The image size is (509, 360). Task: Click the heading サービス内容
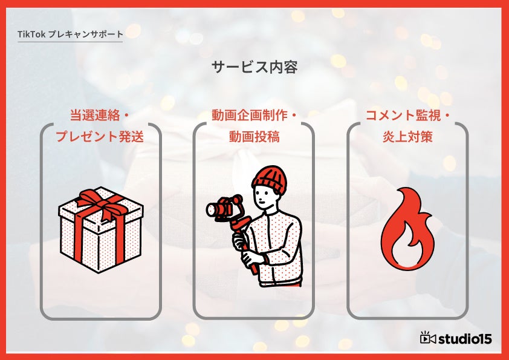click(x=254, y=67)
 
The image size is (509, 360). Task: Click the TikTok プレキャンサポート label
click(x=71, y=34)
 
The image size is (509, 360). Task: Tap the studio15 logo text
click(x=465, y=339)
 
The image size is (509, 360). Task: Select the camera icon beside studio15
click(x=427, y=338)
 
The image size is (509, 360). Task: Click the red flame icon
click(x=407, y=229)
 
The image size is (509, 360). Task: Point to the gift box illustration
click(x=100, y=230)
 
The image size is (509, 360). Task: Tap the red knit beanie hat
click(x=269, y=180)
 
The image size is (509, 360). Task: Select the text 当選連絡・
click(x=100, y=116)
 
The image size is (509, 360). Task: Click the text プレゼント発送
click(x=100, y=137)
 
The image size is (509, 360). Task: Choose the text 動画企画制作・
click(x=254, y=116)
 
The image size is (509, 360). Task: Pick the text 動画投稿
click(x=254, y=137)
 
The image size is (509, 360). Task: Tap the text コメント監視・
click(x=407, y=116)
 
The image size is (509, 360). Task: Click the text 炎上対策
click(x=407, y=137)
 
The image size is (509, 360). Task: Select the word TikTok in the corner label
click(x=31, y=34)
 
